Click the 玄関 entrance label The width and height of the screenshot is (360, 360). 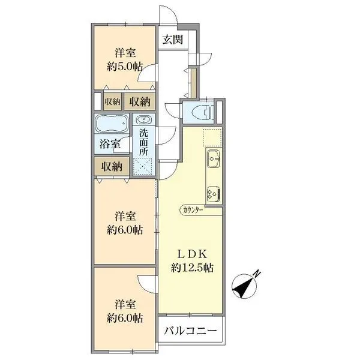[173, 40]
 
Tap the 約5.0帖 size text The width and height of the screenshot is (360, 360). [124, 67]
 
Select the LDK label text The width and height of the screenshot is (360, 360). [192, 254]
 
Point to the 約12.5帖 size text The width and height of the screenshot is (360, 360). [192, 268]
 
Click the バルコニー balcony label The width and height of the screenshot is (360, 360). [190, 331]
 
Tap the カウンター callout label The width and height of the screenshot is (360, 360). [193, 210]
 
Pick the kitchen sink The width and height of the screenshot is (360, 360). [214, 158]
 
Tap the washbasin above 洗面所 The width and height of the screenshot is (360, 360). [144, 119]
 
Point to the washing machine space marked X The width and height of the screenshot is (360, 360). [143, 166]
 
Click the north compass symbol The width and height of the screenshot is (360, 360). [244, 286]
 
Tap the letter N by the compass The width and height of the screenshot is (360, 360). [257, 274]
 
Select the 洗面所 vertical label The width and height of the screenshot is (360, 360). [144, 142]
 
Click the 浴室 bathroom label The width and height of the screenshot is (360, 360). [110, 144]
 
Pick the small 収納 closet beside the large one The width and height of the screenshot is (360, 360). [113, 101]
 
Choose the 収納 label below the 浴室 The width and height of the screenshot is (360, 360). [112, 167]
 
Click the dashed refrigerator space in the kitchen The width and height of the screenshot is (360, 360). [212, 137]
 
